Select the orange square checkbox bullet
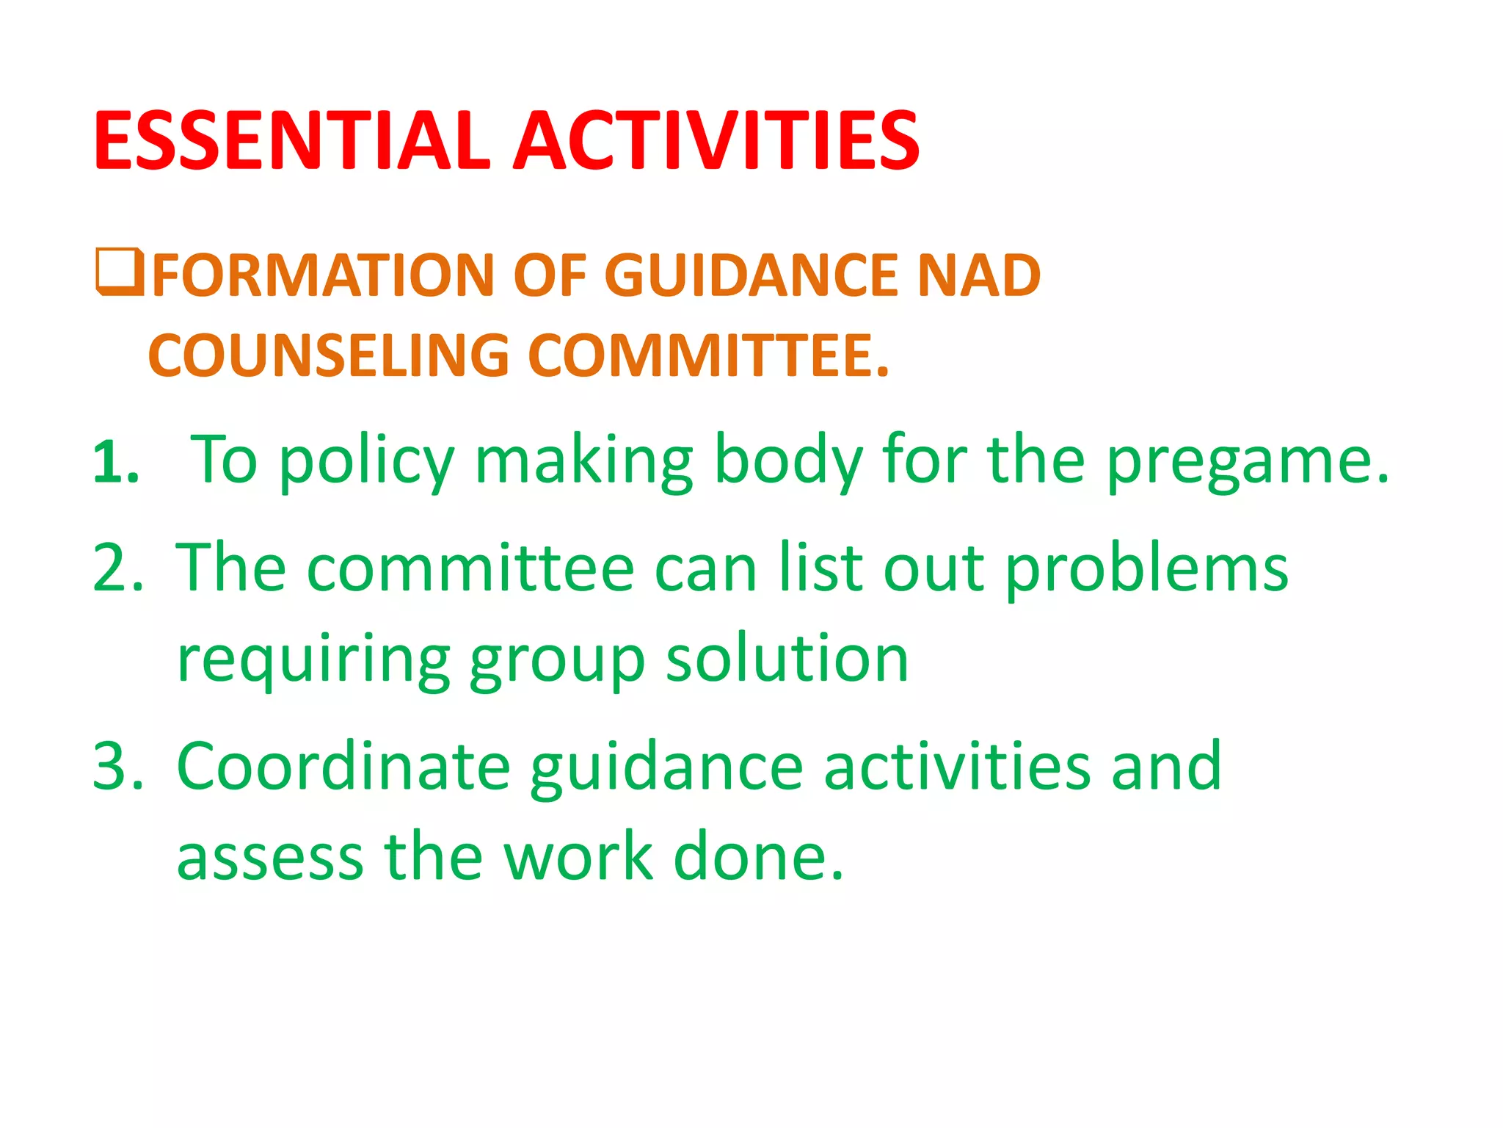tap(120, 272)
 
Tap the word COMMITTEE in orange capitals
tap(708, 356)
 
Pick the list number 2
tap(117, 568)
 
